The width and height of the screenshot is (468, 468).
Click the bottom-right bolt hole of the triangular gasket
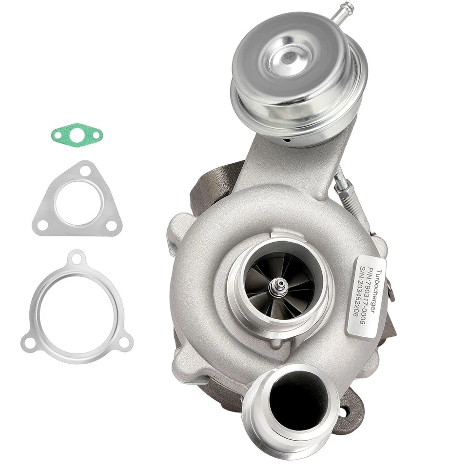[111, 225]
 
